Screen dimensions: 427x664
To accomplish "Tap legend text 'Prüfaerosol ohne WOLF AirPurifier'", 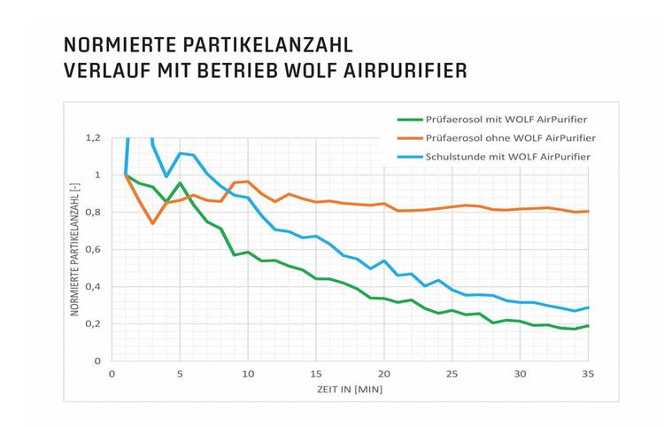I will point(510,138).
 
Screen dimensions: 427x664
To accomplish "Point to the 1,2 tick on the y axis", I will point(94,137).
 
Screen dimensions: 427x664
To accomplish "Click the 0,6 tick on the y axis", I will point(94,249).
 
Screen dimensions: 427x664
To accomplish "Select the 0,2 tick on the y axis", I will point(94,323).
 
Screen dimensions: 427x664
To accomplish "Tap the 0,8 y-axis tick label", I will point(94,212).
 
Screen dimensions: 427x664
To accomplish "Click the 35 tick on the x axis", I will point(587,373).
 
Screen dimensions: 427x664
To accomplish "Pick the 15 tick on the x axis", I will point(316,373).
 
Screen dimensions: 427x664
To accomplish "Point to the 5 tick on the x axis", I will point(180,373).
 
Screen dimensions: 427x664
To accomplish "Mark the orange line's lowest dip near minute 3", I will point(152,223).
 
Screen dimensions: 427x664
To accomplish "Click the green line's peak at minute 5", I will point(180,183).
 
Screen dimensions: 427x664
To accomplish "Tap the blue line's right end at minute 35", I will point(587,307).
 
